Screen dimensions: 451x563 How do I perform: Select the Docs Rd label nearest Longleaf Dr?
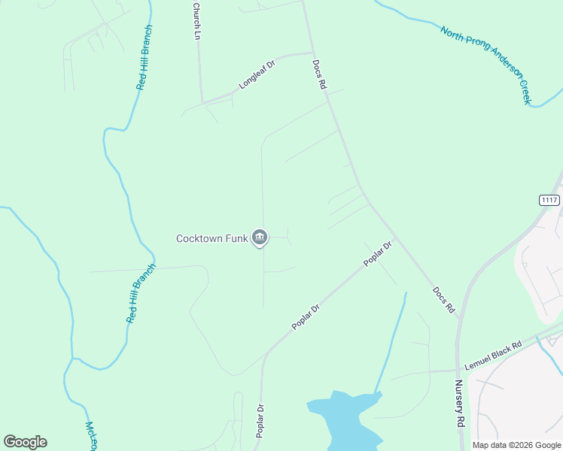[320, 76]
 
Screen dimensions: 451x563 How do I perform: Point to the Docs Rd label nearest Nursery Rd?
[445, 299]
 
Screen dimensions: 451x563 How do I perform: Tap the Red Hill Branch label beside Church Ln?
[145, 58]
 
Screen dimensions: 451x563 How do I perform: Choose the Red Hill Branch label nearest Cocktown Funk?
[141, 293]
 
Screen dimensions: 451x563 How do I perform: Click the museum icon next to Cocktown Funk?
[260, 238]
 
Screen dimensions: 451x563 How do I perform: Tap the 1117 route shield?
[550, 199]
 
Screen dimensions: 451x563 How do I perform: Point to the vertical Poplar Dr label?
[259, 423]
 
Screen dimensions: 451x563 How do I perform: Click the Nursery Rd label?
[458, 404]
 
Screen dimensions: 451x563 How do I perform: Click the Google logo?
[25, 442]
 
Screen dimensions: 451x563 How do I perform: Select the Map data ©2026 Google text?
[516, 445]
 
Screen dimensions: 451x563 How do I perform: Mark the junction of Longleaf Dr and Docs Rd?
[312, 53]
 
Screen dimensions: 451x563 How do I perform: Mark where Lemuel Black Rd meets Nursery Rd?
[458, 369]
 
